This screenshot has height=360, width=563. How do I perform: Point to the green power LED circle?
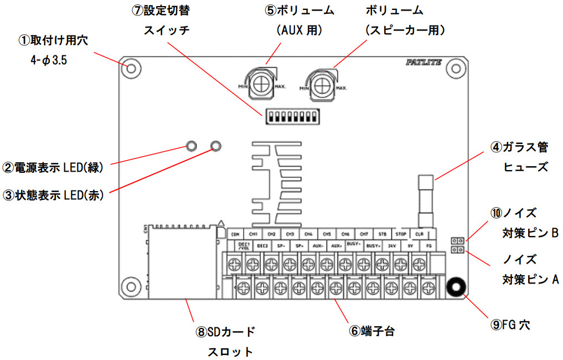click(191, 146)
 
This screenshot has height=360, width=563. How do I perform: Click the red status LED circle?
click(216, 146)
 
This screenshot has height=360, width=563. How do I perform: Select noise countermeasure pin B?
click(457, 241)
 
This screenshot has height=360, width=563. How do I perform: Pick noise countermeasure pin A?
click(457, 250)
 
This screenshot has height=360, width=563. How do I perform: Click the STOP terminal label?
click(401, 234)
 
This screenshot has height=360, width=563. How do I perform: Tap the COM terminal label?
click(235, 234)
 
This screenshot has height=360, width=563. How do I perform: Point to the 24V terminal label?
click(392, 245)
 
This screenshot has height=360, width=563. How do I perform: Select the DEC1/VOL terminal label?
click(244, 245)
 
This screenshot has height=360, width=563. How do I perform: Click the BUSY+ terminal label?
click(373, 245)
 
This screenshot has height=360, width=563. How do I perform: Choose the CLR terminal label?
click(419, 234)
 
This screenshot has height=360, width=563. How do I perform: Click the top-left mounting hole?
click(132, 68)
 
